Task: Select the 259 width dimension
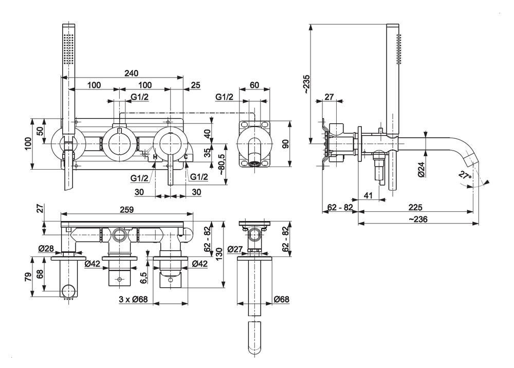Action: [126, 210]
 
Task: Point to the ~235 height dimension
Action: [306, 84]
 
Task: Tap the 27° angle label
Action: [465, 175]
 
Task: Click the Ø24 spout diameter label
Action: [421, 170]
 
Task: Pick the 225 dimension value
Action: [415, 208]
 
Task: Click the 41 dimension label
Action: [368, 195]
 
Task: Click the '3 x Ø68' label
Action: [133, 300]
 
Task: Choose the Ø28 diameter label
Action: [46, 249]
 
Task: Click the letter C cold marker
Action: [186, 157]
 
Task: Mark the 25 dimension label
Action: [195, 84]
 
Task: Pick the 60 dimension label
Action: [254, 84]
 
